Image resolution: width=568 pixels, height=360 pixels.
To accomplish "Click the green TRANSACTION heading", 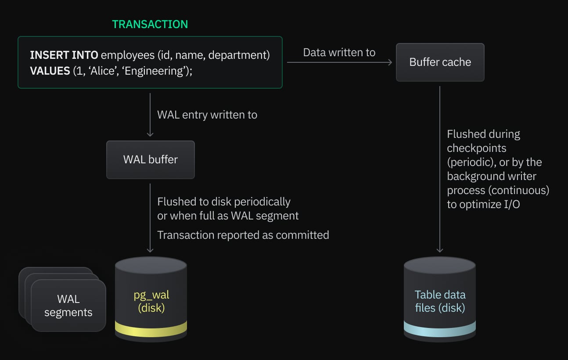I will [x=150, y=24].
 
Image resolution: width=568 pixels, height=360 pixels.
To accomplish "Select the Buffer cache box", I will [x=440, y=62].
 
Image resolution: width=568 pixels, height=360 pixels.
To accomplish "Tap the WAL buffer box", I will [x=150, y=159].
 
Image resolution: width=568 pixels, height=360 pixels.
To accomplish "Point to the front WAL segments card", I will [x=68, y=306].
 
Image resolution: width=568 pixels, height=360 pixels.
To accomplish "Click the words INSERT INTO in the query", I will [x=64, y=55].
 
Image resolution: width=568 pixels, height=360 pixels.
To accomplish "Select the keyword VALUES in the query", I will [x=50, y=71].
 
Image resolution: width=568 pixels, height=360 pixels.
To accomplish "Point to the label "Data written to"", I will [x=339, y=53].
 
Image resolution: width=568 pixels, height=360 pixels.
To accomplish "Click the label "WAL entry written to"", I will [x=207, y=115].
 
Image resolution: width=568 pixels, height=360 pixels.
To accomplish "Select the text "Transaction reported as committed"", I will [x=243, y=235].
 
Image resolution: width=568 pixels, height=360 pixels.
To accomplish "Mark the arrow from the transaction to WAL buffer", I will [x=150, y=115].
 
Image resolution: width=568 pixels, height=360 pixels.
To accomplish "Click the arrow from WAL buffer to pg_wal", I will [x=150, y=218].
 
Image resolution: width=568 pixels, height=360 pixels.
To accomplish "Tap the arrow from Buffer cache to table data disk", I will [x=440, y=169].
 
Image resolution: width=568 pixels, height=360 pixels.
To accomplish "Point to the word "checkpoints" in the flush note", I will [x=477, y=148].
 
